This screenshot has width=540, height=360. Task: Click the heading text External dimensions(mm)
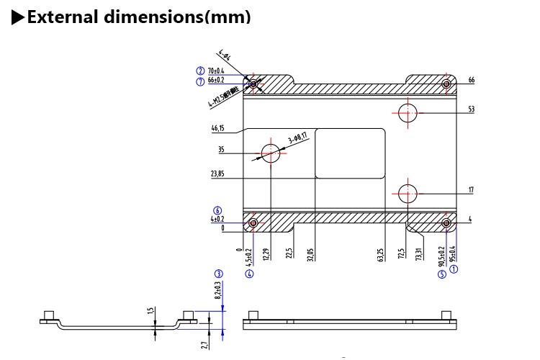(137, 17)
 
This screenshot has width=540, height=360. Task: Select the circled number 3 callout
(218, 274)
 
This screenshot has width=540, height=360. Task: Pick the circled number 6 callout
(217, 210)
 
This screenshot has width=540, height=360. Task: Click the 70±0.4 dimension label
(217, 71)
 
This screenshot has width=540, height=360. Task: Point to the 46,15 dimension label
(218, 129)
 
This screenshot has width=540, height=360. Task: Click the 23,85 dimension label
(218, 174)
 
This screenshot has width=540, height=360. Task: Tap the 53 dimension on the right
(471, 109)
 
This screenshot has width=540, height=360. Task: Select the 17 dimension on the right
(471, 190)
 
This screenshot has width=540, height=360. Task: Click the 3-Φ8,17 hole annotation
(297, 135)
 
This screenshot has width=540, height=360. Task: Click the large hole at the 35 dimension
(271, 152)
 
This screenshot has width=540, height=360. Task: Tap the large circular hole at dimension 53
(408, 112)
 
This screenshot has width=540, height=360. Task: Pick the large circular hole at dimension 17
(408, 193)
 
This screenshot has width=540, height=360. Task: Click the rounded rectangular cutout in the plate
(350, 153)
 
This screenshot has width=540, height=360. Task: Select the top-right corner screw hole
(446, 84)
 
